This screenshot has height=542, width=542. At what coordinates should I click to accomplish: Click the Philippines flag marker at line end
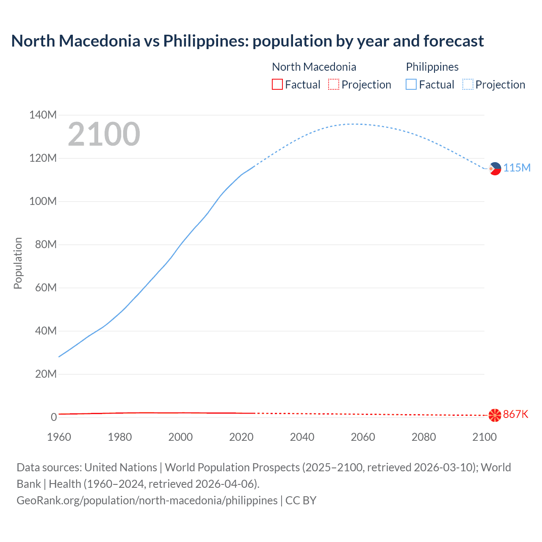[x=495, y=169]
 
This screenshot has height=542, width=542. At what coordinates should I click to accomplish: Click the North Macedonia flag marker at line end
[x=495, y=415]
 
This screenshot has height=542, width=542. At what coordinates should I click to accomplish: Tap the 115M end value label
[x=517, y=168]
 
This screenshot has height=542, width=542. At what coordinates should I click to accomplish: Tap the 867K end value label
[x=515, y=414]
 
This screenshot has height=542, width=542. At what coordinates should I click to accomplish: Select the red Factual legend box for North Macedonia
[x=277, y=85]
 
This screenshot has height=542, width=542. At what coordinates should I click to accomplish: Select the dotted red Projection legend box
[x=334, y=85]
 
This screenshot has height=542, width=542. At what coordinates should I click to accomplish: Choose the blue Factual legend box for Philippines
[x=411, y=85]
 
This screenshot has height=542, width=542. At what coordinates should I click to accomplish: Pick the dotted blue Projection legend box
[x=468, y=85]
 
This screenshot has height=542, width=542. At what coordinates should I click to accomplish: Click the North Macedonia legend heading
[x=314, y=67]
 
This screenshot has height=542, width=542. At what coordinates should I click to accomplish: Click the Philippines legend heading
[x=432, y=67]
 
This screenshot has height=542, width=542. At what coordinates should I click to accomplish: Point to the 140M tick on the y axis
[x=43, y=115]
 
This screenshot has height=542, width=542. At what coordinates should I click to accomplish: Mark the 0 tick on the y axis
[x=54, y=417]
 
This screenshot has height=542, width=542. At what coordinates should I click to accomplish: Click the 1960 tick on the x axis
[x=59, y=437]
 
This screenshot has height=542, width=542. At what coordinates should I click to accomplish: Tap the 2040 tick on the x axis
[x=302, y=437]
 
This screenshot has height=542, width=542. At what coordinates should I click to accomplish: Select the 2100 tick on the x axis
[x=484, y=437]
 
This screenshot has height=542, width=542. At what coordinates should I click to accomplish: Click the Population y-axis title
[x=18, y=263]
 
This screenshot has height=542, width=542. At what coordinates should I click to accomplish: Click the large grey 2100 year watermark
[x=104, y=134]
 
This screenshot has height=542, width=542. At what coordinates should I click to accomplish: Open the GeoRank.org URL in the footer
[x=147, y=501]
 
